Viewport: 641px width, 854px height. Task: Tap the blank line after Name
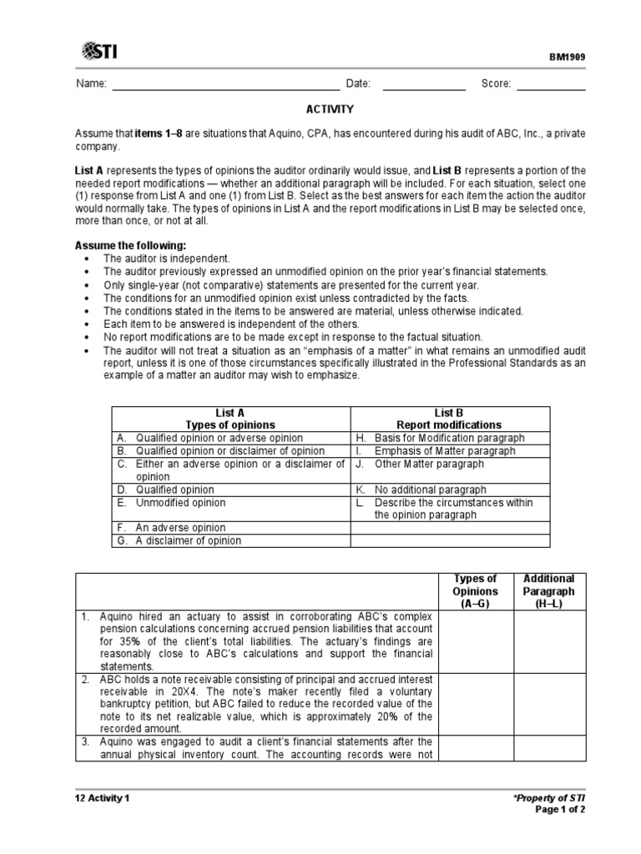point(225,84)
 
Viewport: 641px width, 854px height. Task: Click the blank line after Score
point(553,84)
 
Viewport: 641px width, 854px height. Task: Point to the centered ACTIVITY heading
point(331,109)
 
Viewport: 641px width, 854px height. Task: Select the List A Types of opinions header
point(230,419)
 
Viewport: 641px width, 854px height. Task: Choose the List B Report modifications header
point(449,419)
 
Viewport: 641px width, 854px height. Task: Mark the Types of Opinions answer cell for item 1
point(474,641)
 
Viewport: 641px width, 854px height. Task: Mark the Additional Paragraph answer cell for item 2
point(548,704)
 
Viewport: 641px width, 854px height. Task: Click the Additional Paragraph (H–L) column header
point(548,590)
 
